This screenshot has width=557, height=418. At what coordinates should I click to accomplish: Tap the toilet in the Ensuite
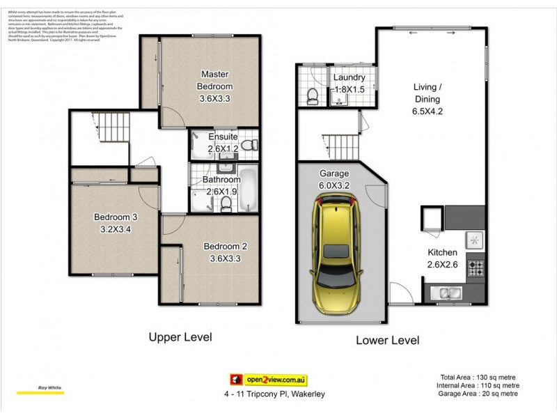click(252, 145)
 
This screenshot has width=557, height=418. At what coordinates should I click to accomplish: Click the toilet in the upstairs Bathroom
click(226, 203)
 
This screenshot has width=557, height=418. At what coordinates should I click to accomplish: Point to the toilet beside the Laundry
click(313, 95)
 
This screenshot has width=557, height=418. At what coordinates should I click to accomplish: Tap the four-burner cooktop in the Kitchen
click(476, 265)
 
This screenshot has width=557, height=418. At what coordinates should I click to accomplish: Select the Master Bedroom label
click(215, 80)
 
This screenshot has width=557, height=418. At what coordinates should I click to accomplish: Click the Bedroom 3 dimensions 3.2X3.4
click(116, 229)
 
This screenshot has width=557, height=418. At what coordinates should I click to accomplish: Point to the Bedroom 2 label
click(225, 246)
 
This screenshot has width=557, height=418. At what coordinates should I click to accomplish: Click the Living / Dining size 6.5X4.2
click(427, 109)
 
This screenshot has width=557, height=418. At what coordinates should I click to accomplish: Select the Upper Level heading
click(180, 337)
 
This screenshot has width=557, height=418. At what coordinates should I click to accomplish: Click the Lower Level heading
click(387, 341)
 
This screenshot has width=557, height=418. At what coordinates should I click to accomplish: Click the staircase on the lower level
click(341, 146)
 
